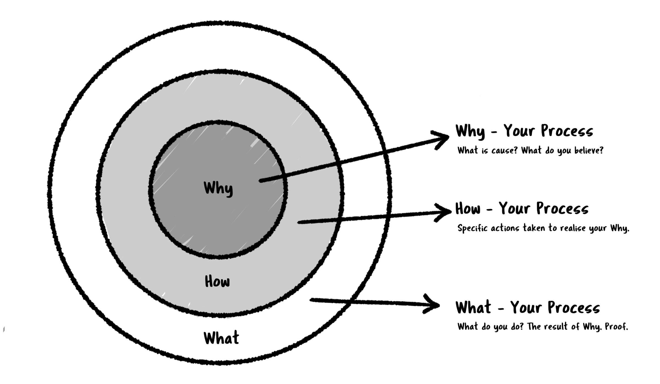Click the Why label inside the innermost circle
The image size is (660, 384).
(x=218, y=189)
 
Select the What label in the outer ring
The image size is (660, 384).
(x=221, y=338)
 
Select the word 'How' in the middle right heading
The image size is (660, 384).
(x=468, y=209)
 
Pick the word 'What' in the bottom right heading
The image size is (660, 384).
(x=473, y=307)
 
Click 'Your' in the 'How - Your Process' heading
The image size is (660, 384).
(x=514, y=209)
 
